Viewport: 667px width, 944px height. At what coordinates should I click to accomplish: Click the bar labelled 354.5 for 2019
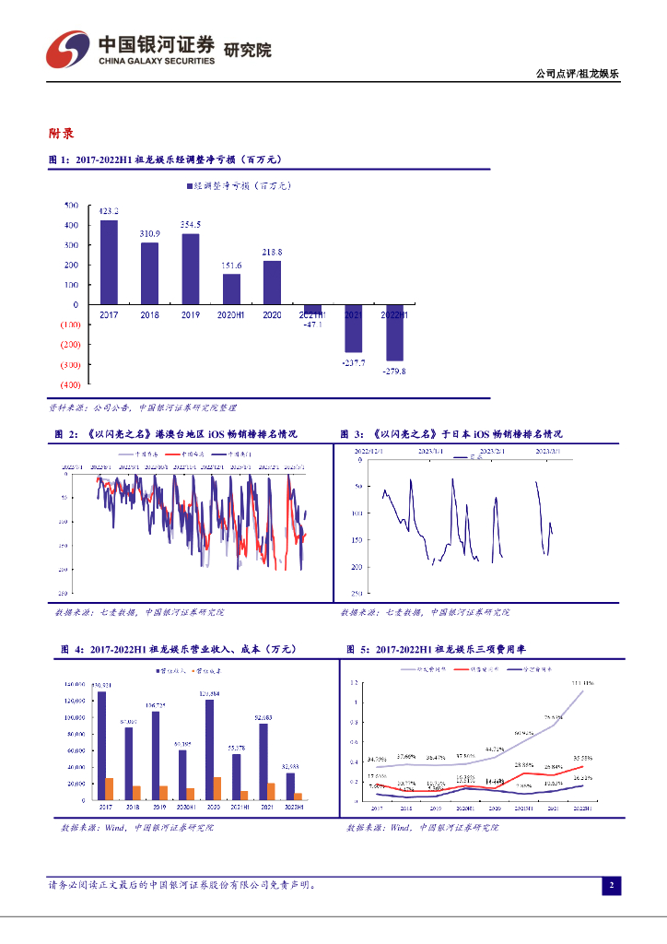190,268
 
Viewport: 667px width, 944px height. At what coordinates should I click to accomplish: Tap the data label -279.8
393,372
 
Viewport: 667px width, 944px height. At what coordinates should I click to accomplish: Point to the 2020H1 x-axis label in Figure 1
231,315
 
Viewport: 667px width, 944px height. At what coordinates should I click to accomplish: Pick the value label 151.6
231,266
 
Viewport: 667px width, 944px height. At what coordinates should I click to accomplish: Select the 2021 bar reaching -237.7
353,328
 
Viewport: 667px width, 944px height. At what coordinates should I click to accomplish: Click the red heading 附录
62,134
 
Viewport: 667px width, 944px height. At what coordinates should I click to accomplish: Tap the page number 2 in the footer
610,886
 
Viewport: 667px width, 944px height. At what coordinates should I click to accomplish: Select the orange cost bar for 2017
110,788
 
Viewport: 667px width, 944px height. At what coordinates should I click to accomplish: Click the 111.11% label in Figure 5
581,683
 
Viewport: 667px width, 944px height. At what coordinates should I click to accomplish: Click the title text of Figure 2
184,433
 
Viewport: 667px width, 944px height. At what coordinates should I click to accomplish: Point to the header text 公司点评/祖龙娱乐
577,75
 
